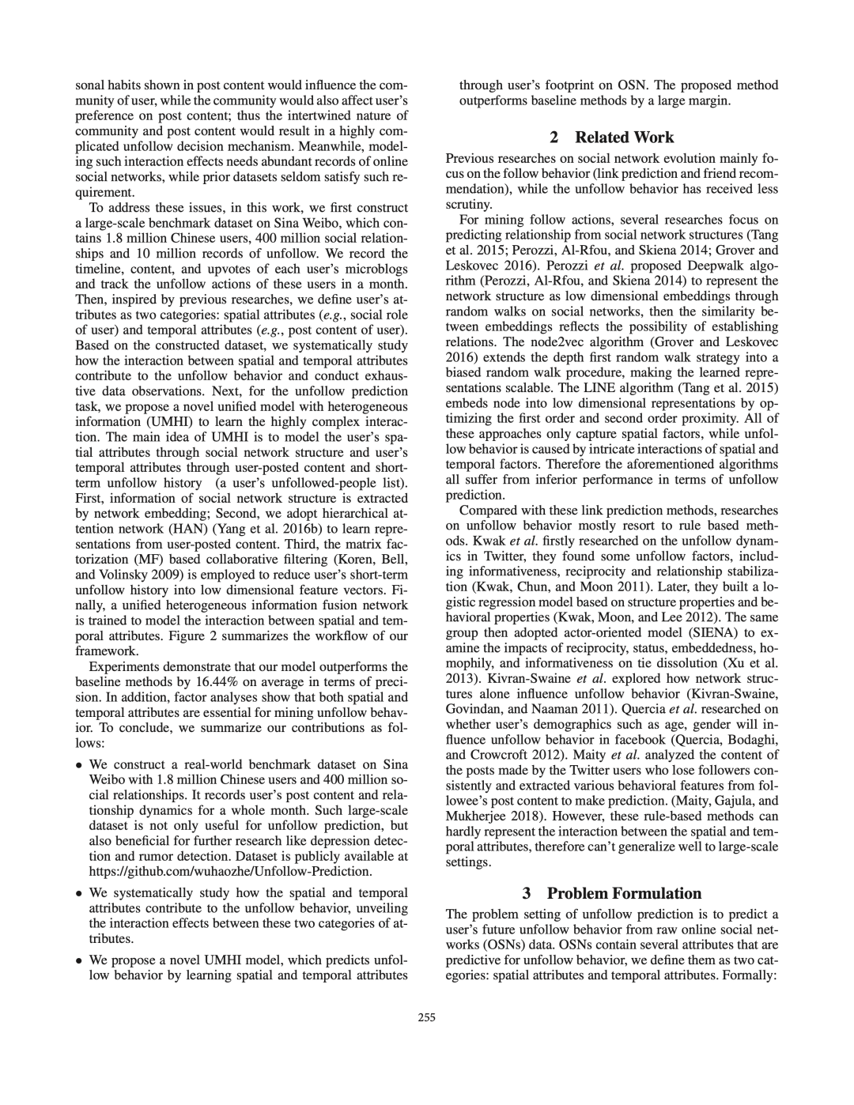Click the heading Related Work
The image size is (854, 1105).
(612, 138)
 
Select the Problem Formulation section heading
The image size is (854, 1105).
(612, 894)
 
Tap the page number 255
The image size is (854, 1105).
(427, 1018)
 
